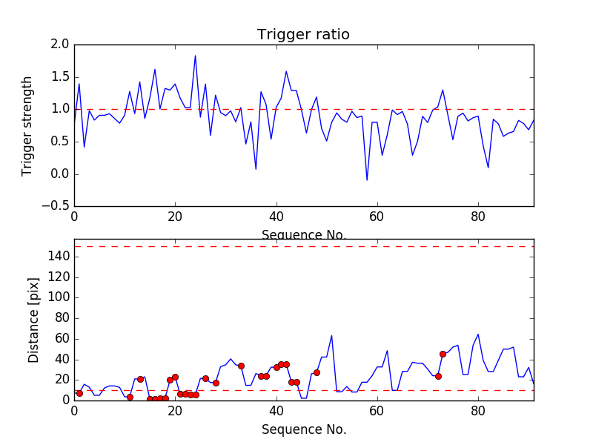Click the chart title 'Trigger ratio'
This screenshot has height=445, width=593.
[x=303, y=35]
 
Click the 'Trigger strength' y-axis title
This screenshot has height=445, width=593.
[x=27, y=125]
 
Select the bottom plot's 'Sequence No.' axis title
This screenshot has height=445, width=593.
[x=303, y=429]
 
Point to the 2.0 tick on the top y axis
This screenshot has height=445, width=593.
[x=61, y=44]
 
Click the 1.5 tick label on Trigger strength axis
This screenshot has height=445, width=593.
[x=61, y=77]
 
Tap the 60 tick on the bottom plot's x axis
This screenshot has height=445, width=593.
[x=377, y=410]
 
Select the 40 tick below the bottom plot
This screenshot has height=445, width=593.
[x=276, y=410]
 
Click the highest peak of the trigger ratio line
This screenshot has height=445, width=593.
[x=195, y=56]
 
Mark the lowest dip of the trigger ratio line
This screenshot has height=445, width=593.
[x=366, y=180]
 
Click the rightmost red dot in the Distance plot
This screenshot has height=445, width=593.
[x=443, y=354]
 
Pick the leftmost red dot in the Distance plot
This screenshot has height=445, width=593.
[x=79, y=393]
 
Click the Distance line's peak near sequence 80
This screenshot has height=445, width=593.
[x=478, y=334]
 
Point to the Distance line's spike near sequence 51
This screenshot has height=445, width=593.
[x=331, y=335]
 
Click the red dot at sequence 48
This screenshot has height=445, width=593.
[x=317, y=372]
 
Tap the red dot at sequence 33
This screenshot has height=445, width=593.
[x=241, y=366]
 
